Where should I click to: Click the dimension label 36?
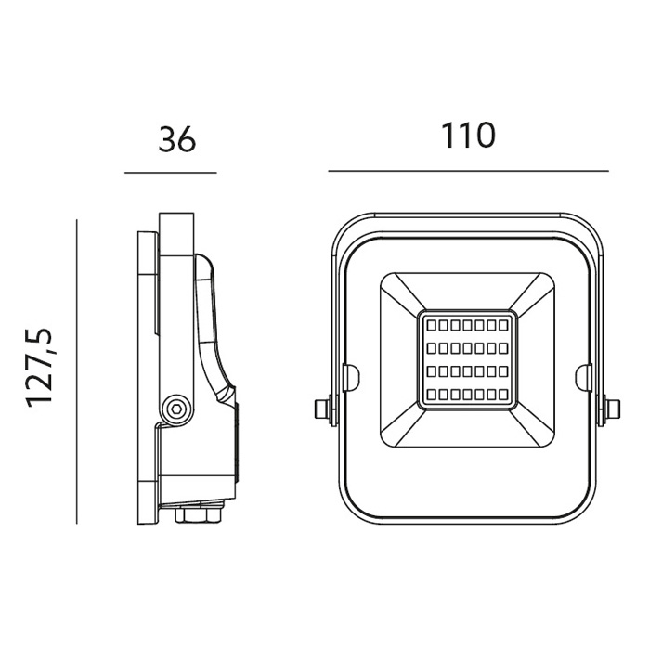(177, 138)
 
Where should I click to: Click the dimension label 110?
(468, 135)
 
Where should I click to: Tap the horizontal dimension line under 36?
(171, 173)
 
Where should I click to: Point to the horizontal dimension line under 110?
(468, 170)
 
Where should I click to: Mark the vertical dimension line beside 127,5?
(77, 371)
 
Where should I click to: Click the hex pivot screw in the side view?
(176, 410)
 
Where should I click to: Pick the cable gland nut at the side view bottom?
(198, 514)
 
